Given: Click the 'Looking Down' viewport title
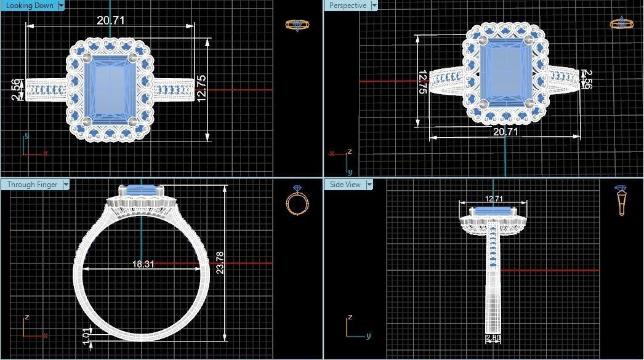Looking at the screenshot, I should point(28,6).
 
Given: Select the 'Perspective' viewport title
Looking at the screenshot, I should point(347,6).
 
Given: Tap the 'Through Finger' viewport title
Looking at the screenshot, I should point(32,185).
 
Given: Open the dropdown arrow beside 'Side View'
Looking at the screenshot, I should point(369,185).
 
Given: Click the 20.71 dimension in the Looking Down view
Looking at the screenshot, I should point(111,20).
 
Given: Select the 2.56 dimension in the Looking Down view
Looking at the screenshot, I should point(17,89).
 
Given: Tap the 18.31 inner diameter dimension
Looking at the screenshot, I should point(143,264).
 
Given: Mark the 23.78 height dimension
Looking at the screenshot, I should point(220,262).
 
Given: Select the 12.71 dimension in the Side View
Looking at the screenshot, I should point(494,199).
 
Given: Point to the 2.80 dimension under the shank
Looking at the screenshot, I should point(493,338).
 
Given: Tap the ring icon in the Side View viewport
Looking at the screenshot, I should point(621,200).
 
